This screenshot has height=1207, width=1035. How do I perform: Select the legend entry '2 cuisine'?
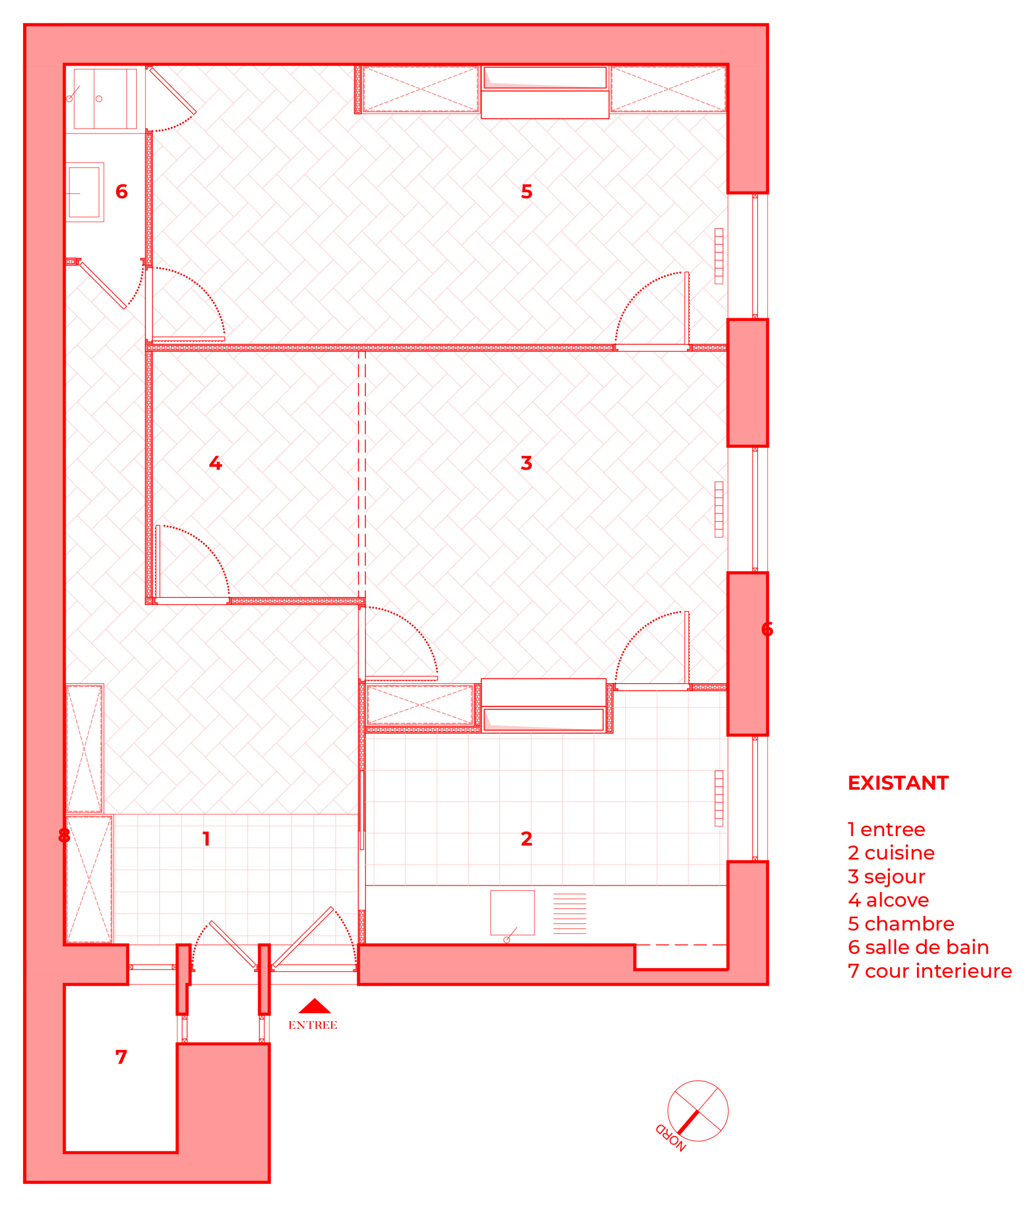point(891,853)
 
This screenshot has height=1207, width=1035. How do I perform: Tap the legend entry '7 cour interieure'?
point(929,971)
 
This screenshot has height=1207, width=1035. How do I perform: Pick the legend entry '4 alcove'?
point(888,900)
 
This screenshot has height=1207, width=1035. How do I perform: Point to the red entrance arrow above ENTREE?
point(315,1006)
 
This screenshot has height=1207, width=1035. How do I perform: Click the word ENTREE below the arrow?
point(313,1025)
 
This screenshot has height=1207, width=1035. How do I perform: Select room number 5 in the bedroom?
point(526,191)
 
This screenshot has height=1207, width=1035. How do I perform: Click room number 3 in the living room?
point(526,463)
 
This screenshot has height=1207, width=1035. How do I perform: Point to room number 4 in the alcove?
point(216,463)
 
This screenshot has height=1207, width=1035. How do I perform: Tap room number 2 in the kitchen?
point(526,839)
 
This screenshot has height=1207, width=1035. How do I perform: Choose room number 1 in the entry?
point(206,839)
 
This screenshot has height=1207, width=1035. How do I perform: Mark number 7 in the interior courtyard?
point(121,1057)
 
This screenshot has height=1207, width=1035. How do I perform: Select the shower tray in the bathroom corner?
point(105,99)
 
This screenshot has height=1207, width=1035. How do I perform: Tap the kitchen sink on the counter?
point(512,913)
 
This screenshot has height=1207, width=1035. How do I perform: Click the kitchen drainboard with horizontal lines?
point(569,913)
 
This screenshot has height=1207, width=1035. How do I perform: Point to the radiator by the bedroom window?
point(718,256)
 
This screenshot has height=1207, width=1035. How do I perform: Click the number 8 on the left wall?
point(64,836)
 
